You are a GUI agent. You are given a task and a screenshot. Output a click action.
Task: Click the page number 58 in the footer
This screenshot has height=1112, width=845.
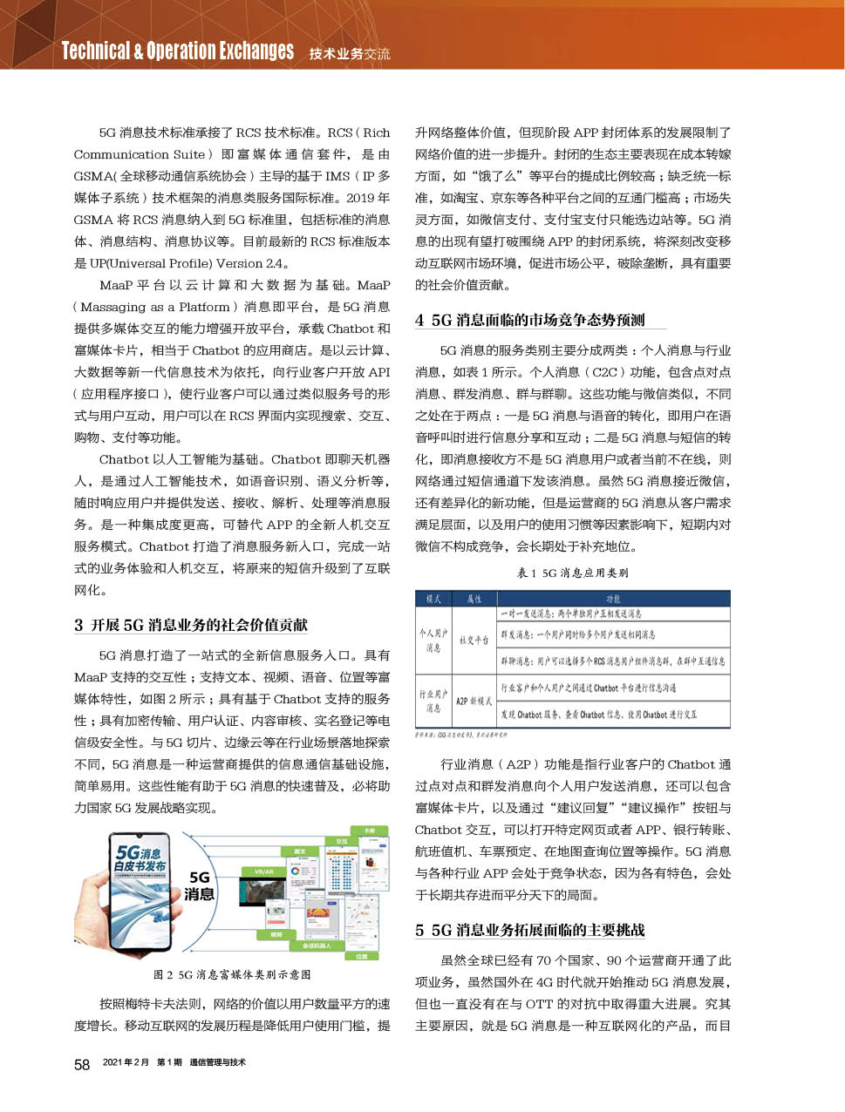click(82, 1064)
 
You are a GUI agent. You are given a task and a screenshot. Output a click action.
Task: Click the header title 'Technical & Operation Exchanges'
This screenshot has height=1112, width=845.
click(178, 51)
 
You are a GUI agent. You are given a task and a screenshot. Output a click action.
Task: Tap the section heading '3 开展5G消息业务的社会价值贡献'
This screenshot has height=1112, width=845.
click(191, 625)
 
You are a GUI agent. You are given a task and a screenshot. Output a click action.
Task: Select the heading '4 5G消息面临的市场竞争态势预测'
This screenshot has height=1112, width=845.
click(530, 320)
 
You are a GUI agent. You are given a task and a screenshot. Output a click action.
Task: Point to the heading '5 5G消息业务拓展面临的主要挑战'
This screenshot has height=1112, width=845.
click(530, 930)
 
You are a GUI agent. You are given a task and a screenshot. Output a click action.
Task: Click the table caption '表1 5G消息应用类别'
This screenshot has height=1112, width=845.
click(572, 573)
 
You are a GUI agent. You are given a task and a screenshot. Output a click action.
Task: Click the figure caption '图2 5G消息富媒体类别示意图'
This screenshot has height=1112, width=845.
click(232, 974)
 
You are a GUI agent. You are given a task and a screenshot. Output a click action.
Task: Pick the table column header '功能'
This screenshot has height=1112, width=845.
click(613, 599)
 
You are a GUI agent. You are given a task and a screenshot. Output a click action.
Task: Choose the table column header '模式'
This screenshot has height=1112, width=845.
click(433, 599)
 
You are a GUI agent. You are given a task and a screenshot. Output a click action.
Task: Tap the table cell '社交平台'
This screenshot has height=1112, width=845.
click(474, 640)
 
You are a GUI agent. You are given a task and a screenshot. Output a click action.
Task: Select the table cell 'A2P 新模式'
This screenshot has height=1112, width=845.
click(474, 701)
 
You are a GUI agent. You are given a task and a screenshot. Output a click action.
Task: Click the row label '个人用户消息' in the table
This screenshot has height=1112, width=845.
click(433, 640)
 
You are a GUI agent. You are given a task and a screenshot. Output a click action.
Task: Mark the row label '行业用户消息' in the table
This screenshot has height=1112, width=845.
click(433, 701)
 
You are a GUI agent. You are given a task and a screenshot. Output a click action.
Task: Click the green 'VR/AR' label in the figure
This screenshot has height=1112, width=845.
click(263, 871)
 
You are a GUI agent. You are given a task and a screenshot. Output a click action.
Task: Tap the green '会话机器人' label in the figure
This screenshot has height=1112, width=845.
click(316, 946)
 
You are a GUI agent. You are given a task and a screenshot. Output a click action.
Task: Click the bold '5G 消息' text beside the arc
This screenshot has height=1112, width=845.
click(200, 885)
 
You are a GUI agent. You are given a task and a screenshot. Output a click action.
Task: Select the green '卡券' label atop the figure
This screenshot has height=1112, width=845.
click(369, 831)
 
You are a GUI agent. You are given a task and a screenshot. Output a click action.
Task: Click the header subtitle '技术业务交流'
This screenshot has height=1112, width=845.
click(350, 54)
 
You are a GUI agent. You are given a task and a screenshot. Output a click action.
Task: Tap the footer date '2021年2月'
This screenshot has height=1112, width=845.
click(126, 1062)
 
